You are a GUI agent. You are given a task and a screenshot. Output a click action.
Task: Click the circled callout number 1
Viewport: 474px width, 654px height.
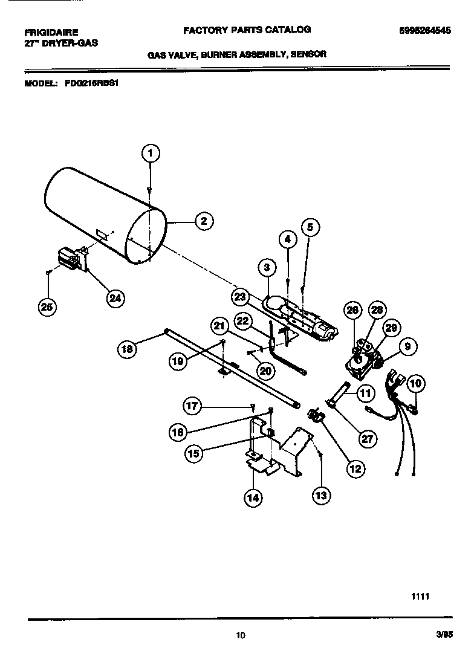coord(151,154)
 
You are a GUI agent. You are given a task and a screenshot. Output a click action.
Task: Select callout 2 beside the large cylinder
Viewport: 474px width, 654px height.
coord(204,221)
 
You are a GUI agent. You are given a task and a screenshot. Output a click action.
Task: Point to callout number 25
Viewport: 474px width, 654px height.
coord(46,307)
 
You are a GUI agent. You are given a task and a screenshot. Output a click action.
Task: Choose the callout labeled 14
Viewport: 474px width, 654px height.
coord(253,497)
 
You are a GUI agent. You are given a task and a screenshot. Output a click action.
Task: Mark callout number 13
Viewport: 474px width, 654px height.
coord(321,496)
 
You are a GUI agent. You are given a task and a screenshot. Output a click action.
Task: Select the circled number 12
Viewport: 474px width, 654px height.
coord(355,467)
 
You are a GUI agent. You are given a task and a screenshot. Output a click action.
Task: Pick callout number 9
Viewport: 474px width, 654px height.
coord(407,347)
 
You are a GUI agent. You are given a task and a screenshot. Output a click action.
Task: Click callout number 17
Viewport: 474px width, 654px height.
coord(193,406)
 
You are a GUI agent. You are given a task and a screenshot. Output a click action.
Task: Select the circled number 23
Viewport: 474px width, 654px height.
coord(241,296)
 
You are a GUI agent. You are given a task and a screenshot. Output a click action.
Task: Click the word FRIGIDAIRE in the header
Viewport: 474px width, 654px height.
coord(51,32)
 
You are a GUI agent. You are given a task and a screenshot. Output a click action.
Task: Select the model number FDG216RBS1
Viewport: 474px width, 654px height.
coord(90,85)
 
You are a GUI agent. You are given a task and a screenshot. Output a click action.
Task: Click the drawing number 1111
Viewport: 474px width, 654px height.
coord(420,595)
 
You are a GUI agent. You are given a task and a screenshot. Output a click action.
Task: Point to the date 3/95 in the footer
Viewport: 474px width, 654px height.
coord(444,634)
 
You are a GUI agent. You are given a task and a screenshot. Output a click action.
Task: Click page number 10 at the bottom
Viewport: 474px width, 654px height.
coord(240,635)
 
